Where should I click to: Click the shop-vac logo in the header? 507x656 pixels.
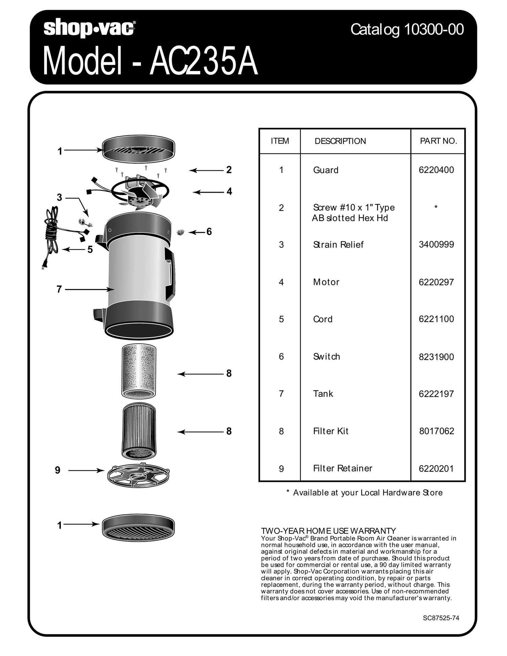90,28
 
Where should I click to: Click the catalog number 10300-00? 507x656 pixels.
407,30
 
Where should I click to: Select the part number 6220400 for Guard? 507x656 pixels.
436,170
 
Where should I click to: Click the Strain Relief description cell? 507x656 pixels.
338,245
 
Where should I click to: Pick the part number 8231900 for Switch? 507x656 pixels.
436,357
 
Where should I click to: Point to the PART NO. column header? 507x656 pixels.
438,141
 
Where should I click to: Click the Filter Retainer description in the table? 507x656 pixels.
342,468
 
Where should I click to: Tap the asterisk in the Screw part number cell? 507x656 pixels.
436,207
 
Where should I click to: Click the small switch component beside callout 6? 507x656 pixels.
181,233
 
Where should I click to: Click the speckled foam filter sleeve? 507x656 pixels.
139,371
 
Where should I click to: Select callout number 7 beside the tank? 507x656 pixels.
59,290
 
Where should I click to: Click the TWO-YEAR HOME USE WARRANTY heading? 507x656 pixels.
328,531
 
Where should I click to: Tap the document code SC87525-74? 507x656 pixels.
441,618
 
